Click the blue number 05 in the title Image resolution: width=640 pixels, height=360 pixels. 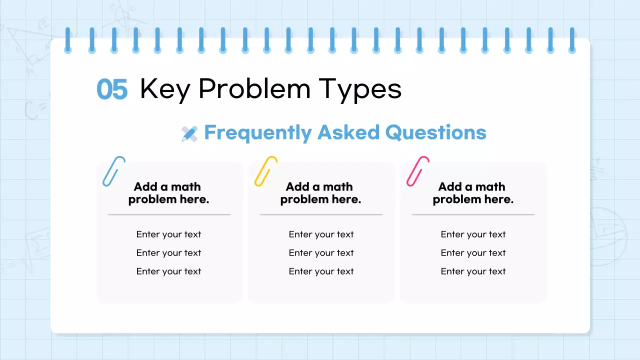click(x=112, y=90)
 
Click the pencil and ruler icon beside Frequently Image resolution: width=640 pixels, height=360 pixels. click(x=189, y=133)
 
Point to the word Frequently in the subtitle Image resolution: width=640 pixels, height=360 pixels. click(x=257, y=133)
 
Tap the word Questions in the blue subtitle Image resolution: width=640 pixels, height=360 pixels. click(x=435, y=133)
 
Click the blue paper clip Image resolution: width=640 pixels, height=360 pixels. click(x=113, y=171)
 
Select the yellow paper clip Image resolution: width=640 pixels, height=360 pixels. click(x=265, y=171)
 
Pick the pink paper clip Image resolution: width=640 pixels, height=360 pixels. click(x=417, y=171)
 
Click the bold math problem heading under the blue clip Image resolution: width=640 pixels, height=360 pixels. click(x=168, y=193)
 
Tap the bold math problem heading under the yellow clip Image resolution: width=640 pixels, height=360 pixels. click(x=320, y=193)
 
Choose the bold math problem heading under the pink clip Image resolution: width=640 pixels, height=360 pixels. click(x=473, y=193)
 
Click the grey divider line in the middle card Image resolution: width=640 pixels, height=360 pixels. click(x=321, y=214)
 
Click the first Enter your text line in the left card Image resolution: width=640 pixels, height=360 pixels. click(x=168, y=234)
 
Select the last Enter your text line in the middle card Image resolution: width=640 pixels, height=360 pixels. click(x=321, y=271)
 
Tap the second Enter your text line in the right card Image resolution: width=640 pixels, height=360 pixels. click(x=473, y=253)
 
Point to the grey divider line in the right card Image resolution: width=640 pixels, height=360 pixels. click(x=473, y=214)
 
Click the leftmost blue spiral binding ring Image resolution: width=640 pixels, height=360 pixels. click(x=68, y=40)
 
